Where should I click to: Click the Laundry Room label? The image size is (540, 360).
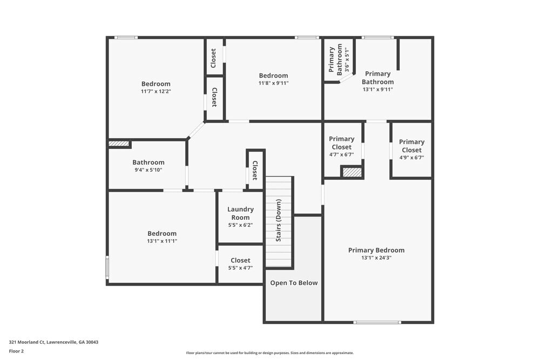[x=240, y=213]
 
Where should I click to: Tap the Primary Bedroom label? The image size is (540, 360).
[x=376, y=250]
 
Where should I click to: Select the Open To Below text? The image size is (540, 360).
[x=294, y=283]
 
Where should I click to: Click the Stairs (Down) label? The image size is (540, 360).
[x=279, y=221]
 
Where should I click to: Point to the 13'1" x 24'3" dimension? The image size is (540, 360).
[x=376, y=258]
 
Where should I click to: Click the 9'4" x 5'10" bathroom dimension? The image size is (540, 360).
[x=148, y=170]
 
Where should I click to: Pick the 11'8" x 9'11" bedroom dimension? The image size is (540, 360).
[x=273, y=83]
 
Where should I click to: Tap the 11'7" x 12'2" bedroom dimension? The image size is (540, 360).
[x=156, y=91]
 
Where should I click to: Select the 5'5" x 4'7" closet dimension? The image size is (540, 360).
[x=240, y=268]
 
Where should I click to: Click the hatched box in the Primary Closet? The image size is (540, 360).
[x=352, y=172]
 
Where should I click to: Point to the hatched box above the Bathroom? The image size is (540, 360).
[x=119, y=144]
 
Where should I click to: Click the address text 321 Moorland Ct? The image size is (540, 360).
[x=53, y=342]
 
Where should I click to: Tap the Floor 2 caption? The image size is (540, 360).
[x=17, y=351]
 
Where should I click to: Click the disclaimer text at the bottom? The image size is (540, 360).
[x=270, y=353]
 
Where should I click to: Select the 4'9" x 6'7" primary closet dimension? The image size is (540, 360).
[x=411, y=158]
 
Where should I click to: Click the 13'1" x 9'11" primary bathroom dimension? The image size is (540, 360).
[x=377, y=90]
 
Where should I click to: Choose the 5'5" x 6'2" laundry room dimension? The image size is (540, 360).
[x=240, y=225]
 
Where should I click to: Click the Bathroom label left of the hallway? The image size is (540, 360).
[x=148, y=162]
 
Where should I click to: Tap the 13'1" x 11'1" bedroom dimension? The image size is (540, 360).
[x=162, y=241]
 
